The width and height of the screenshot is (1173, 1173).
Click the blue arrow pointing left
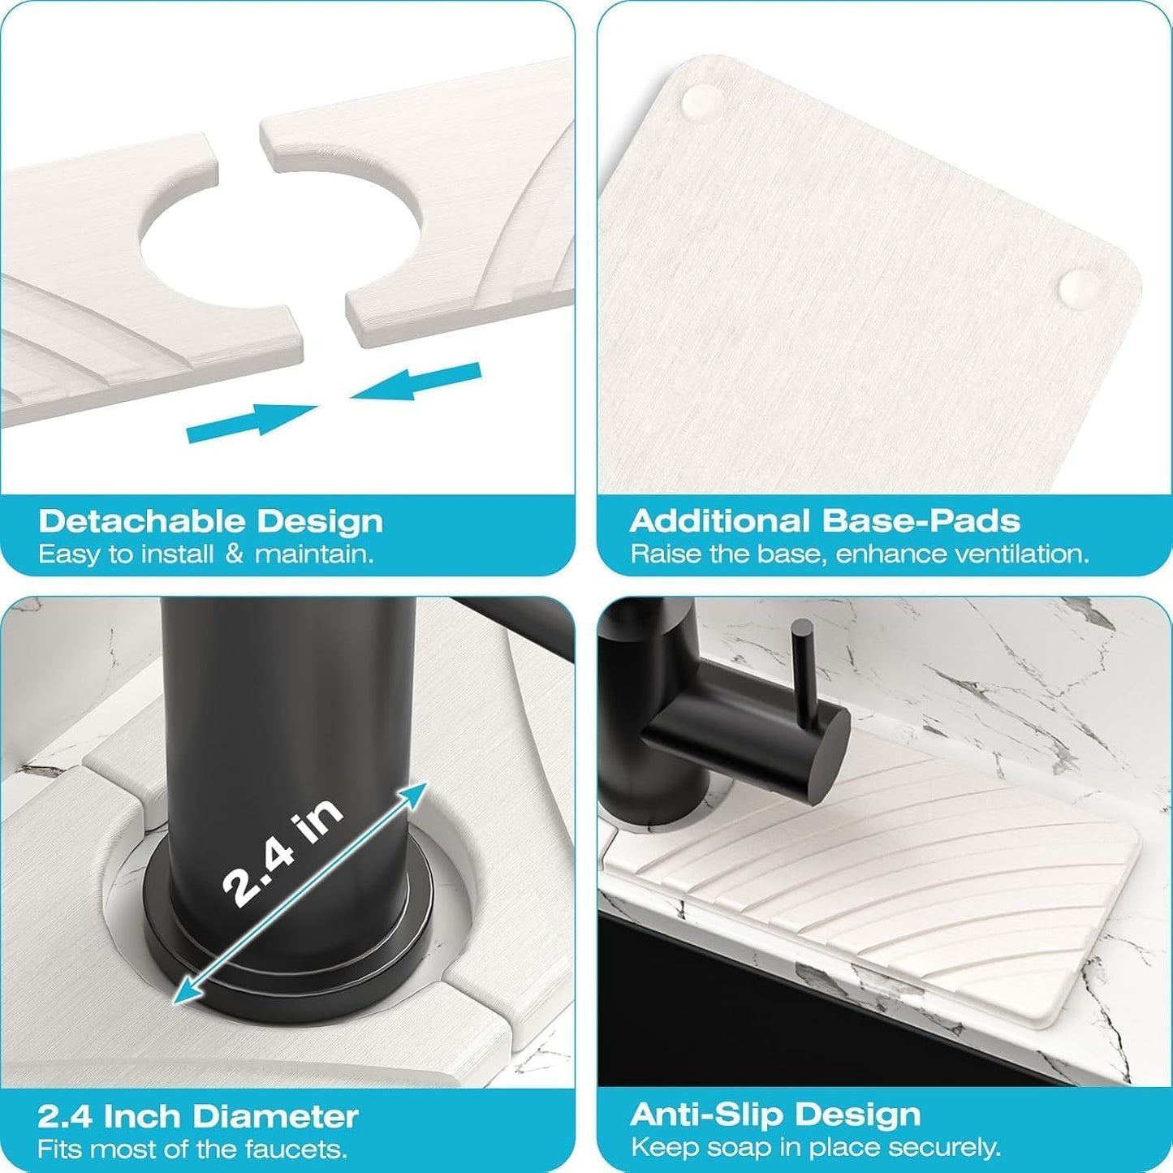(416, 382)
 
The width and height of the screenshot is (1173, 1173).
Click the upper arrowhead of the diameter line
(415, 793)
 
